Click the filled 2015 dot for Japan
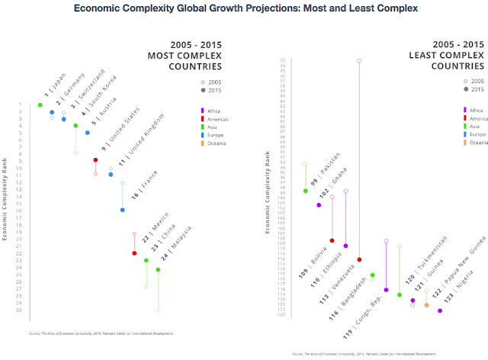[x=40, y=104]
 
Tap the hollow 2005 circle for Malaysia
[x=158, y=310]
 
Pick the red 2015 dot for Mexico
[x=134, y=253]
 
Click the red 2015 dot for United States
[x=95, y=159]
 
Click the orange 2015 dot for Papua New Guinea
[x=426, y=305]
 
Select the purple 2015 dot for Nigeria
[x=440, y=310]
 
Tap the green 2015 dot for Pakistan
[x=305, y=191]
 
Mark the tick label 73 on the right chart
[x=283, y=60]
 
